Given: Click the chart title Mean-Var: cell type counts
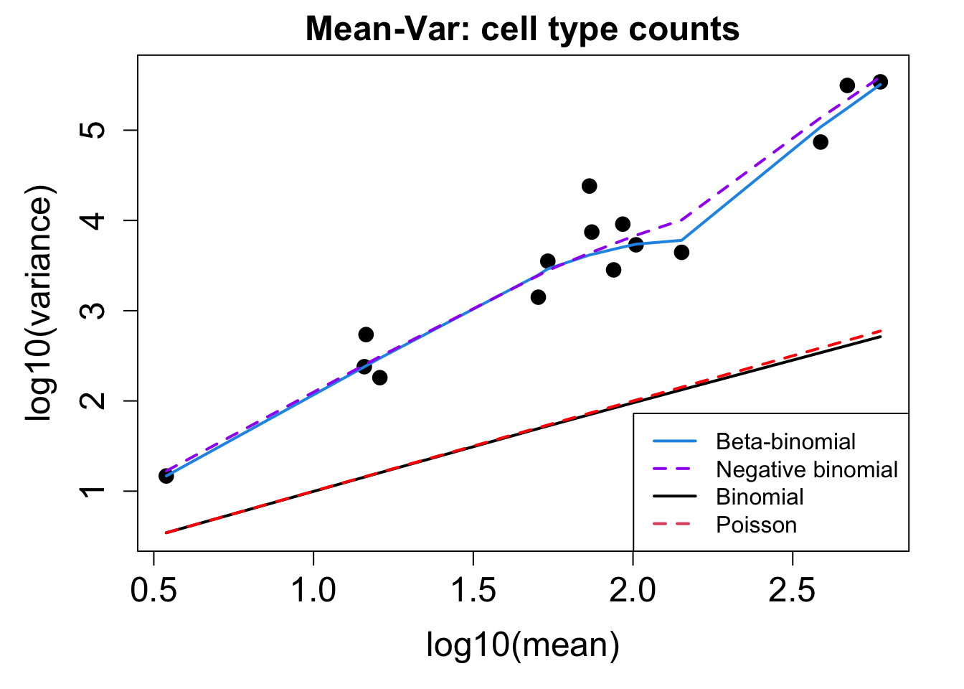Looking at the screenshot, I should click(x=522, y=30).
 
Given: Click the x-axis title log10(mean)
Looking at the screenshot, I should click(x=522, y=645).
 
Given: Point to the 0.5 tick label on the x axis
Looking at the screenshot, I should click(x=153, y=590).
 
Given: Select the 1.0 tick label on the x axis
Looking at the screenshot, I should click(x=313, y=590).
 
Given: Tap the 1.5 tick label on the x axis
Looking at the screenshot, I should click(x=473, y=590).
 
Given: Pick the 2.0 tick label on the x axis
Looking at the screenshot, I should click(x=633, y=590).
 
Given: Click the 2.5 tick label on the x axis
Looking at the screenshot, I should click(x=793, y=590).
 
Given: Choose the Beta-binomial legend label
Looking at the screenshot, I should click(x=785, y=441).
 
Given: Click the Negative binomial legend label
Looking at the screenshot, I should click(x=807, y=469).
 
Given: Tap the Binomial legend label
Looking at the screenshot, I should click(x=760, y=497).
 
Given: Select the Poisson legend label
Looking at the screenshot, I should click(x=756, y=525).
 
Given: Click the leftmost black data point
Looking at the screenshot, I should click(x=166, y=476).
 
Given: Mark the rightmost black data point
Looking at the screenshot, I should click(x=881, y=82).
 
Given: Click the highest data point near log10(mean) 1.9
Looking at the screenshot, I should click(x=590, y=186).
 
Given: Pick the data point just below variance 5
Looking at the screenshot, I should click(x=821, y=142).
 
